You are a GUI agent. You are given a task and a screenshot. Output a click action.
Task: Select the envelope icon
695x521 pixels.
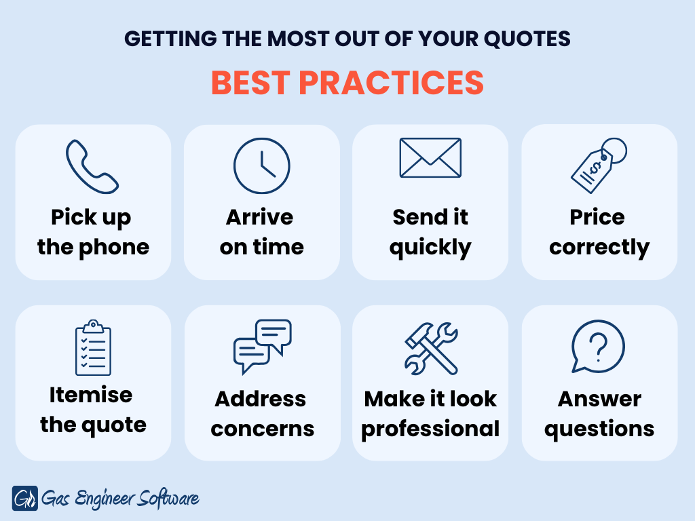pos(430,157)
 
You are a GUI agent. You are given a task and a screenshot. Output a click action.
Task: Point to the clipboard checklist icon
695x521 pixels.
pos(93,347)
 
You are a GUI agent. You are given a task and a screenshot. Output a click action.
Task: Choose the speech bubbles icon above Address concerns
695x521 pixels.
pos(263,347)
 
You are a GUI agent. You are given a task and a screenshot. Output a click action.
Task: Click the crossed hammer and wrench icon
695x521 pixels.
pos(431,348)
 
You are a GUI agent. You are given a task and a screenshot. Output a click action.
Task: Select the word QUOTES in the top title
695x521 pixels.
pos(527,39)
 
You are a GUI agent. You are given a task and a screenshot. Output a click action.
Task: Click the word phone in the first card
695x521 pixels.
pos(114,248)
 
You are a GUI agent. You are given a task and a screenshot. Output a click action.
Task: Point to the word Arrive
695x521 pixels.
pos(260,217)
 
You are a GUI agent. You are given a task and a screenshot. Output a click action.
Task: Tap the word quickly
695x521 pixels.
pos(430,248)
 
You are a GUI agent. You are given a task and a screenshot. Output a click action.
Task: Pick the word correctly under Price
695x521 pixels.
pos(599,248)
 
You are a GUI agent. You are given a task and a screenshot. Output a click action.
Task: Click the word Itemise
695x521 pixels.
pos(91,395)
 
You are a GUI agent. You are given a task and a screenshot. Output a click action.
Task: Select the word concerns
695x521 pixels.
pos(263,429)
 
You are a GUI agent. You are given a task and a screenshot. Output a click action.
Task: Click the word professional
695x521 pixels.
pos(430,429)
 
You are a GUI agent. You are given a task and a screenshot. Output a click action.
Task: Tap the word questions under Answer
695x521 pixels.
pos(599,429)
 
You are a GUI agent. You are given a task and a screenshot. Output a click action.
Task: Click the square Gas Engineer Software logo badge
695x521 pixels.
pos(25,499)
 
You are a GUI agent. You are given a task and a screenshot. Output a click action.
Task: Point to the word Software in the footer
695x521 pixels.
pos(168,499)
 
